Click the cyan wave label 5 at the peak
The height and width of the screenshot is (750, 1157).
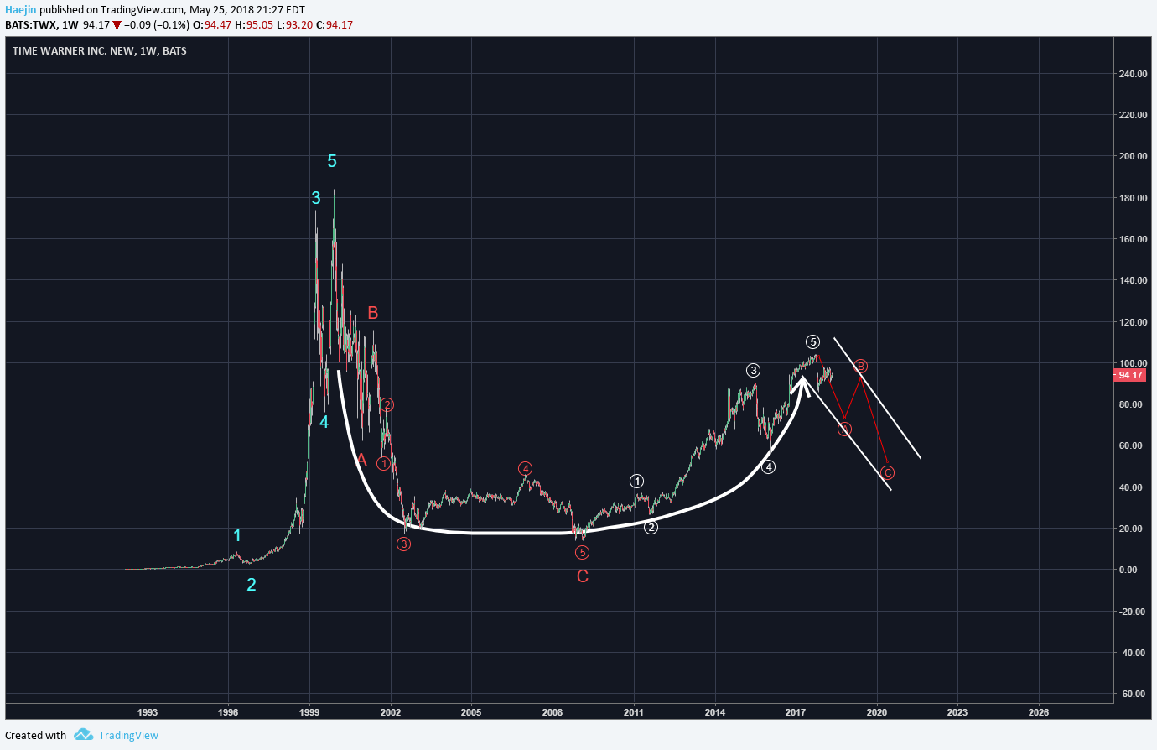coord(332,161)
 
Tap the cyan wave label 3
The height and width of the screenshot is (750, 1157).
coord(316,198)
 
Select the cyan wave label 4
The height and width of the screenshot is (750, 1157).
coord(324,422)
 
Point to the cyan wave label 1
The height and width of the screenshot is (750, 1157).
coord(237,535)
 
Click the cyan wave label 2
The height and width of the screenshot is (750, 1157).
coord(252,585)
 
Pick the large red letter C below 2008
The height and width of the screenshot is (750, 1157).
coord(583,576)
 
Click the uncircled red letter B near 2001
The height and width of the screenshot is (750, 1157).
coord(373,313)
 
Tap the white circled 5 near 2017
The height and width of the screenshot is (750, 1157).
coord(812,341)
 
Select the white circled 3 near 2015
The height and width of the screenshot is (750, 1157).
coord(754,370)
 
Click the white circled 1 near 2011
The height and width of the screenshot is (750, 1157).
coord(637,481)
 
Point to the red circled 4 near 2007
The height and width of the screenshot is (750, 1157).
coord(525,468)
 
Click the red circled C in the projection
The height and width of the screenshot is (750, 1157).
coord(888,472)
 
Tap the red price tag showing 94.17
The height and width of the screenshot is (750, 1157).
coord(1130,375)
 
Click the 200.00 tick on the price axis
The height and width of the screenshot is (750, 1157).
coord(1133,157)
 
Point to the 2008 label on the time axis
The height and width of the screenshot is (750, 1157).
coord(553,712)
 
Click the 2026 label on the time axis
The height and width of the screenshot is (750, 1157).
coord(1038,712)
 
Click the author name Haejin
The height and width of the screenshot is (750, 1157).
coord(21,10)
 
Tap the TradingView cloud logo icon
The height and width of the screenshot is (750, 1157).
coord(83,735)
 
